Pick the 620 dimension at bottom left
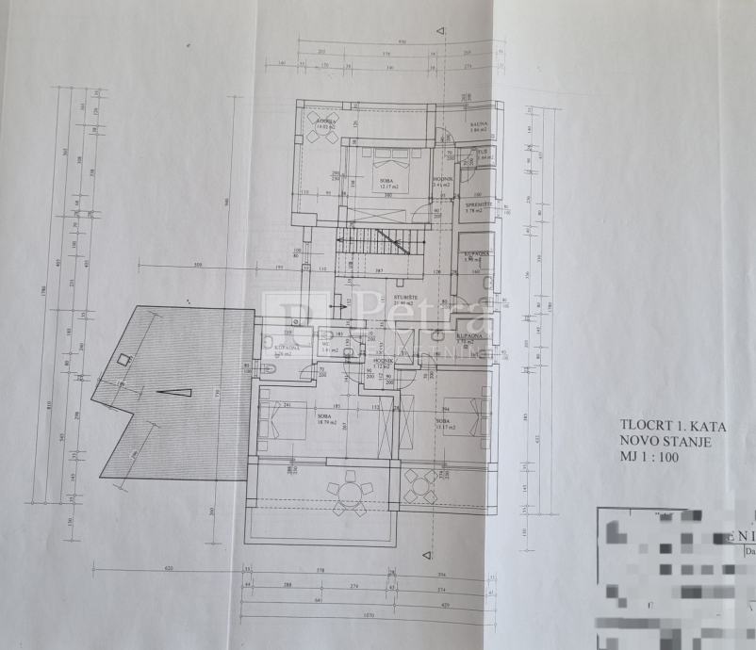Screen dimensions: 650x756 [x=169, y=569]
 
